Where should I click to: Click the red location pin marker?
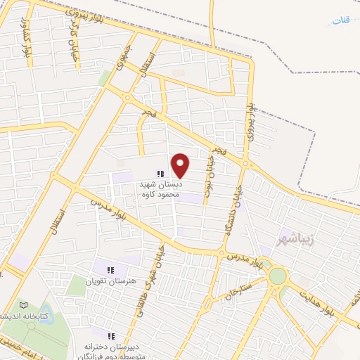pos(181,165)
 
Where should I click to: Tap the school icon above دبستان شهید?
pos(160,173)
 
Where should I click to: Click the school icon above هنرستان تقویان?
pos(109,269)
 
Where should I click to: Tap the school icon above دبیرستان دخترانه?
pos(110,335)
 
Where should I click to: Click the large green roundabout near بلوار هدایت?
pos(277,276)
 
